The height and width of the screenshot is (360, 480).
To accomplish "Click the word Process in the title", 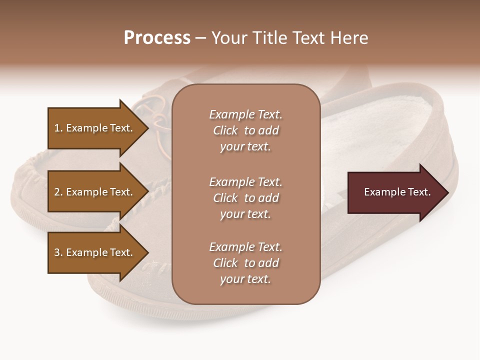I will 157,38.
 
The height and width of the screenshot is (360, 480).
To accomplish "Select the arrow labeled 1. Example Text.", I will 95,128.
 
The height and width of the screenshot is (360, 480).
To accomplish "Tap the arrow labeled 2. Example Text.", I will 95,192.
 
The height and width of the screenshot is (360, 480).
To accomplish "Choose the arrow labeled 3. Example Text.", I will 95,252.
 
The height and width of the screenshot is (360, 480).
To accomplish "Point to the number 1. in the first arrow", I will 58,128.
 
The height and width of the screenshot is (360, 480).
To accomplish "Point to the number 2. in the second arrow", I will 58,192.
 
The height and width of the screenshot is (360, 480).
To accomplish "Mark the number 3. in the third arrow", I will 58,252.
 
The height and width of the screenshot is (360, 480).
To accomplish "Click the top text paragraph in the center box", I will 245,130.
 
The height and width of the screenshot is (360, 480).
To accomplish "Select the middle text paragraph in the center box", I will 245,198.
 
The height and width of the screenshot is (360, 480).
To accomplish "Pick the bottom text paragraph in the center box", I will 245,263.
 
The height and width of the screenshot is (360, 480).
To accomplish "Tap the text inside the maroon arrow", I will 397,192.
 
